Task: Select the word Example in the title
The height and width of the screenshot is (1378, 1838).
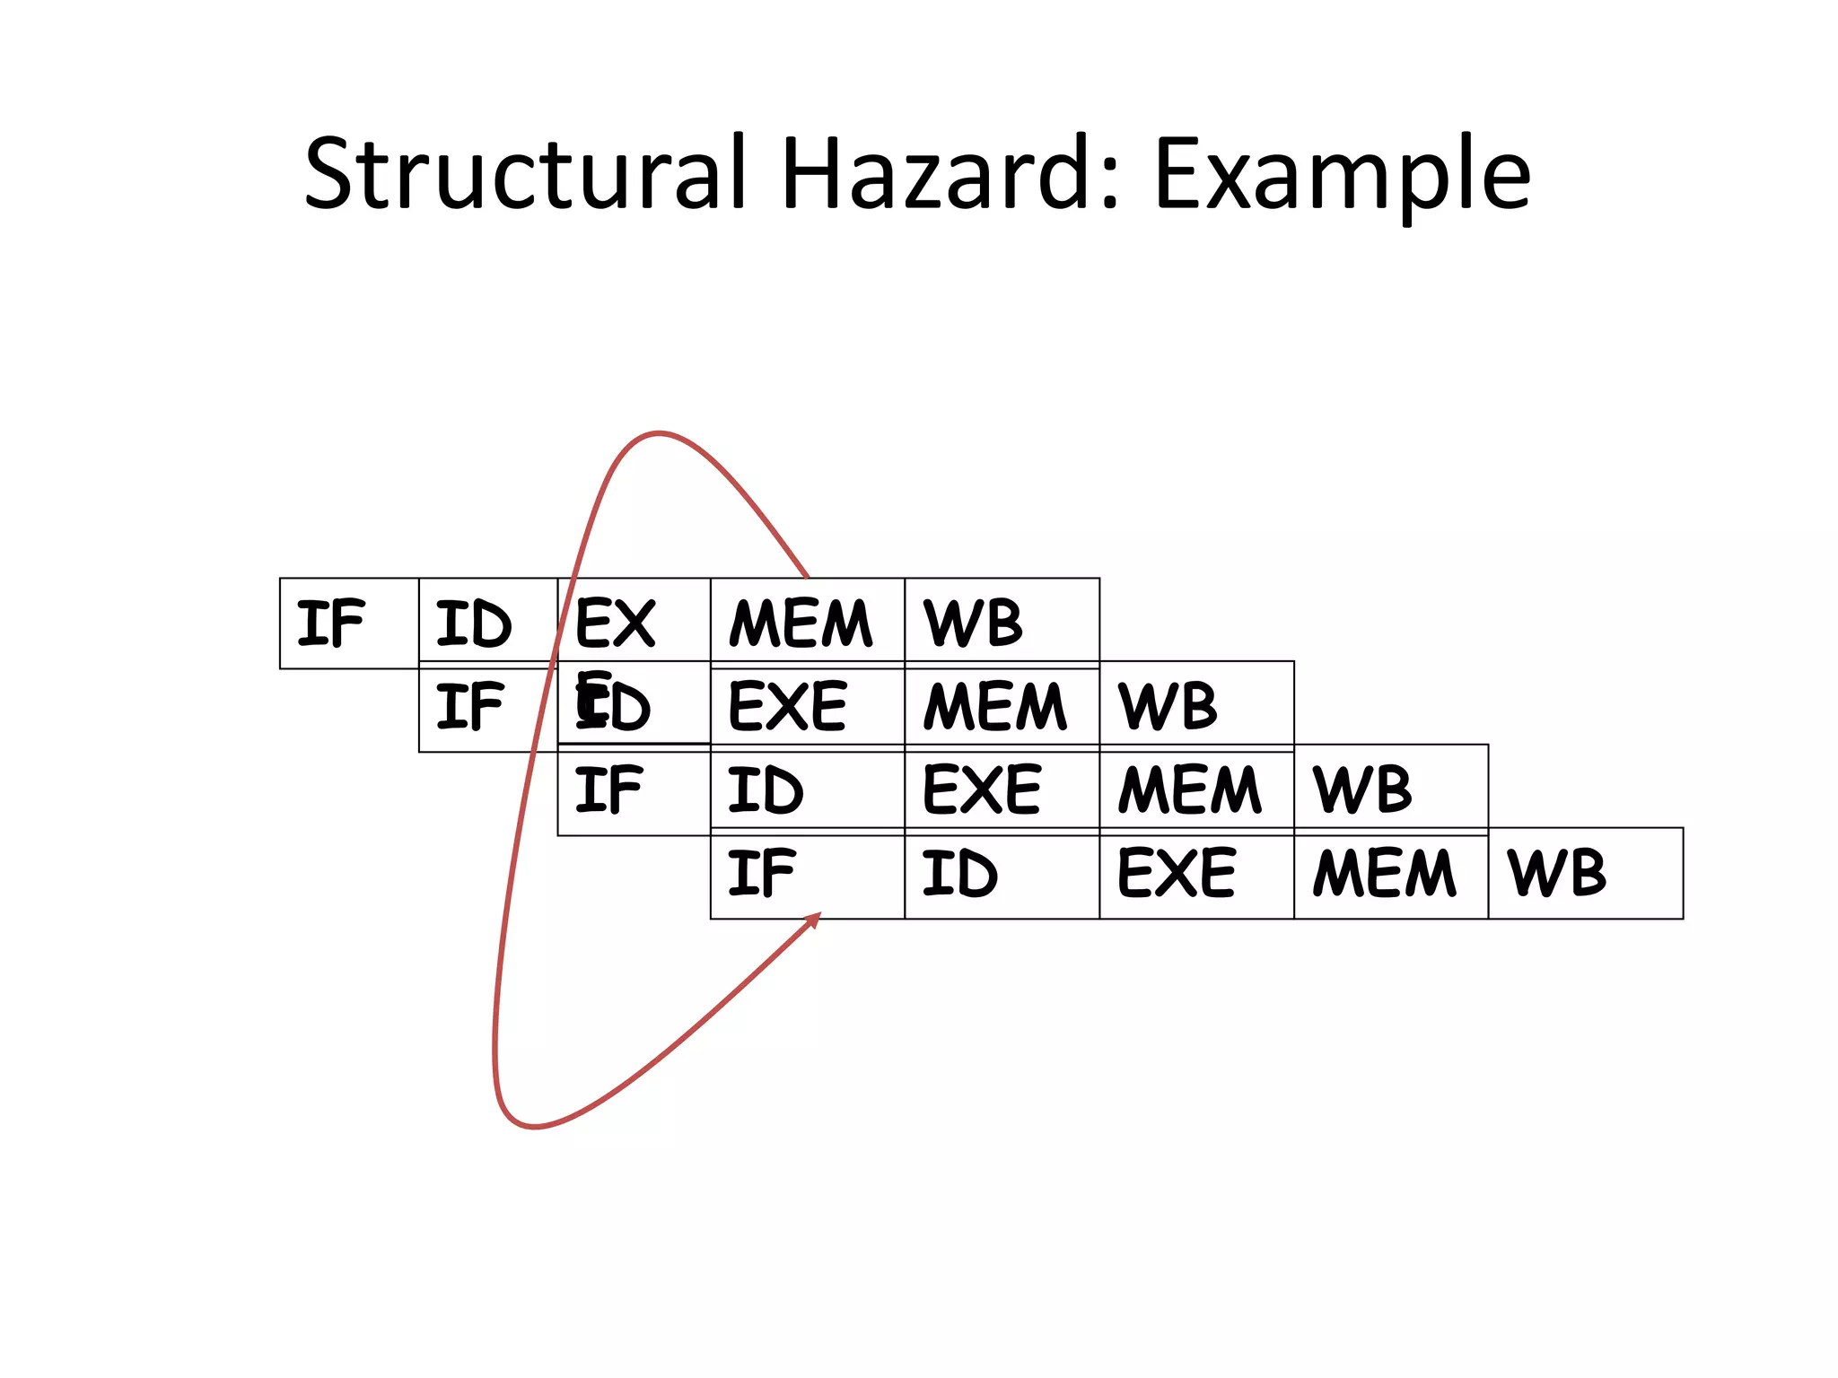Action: point(1343,175)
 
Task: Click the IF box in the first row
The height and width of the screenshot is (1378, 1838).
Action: point(349,624)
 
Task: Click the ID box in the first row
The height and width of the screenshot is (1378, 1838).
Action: point(487,624)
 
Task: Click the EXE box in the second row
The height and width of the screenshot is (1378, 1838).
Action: point(807,706)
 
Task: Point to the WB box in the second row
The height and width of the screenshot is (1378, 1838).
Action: point(1196,706)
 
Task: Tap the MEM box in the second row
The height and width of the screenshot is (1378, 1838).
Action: point(1002,706)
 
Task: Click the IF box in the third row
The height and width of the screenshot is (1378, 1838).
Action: point(634,790)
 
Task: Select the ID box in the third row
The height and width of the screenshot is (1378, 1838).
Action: point(807,790)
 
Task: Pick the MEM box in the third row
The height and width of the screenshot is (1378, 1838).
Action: point(1196,790)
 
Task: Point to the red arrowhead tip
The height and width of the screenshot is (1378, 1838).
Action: point(818,915)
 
